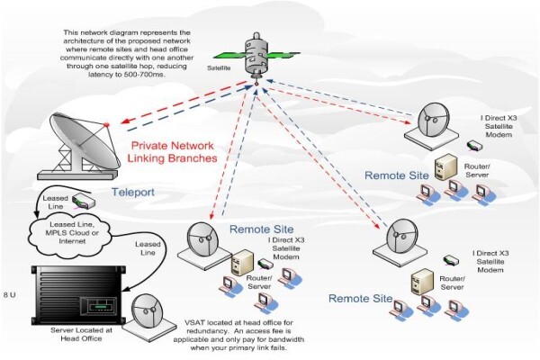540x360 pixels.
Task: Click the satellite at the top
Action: pos(256,55)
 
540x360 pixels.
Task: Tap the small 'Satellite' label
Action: pos(219,68)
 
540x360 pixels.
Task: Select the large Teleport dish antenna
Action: pos(79,147)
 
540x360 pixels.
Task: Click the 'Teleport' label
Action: pos(133,192)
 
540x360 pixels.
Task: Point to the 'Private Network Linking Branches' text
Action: pos(172,151)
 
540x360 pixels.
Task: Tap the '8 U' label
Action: pos(9,295)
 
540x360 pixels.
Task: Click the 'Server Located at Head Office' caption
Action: pos(81,334)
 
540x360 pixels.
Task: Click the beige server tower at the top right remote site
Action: pos(446,167)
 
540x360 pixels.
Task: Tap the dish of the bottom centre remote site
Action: pos(203,245)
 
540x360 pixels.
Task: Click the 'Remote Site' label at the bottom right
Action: pos(360,298)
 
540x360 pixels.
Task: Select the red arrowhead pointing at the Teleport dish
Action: pos(125,121)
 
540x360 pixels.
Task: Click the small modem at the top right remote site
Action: pos(474,146)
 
